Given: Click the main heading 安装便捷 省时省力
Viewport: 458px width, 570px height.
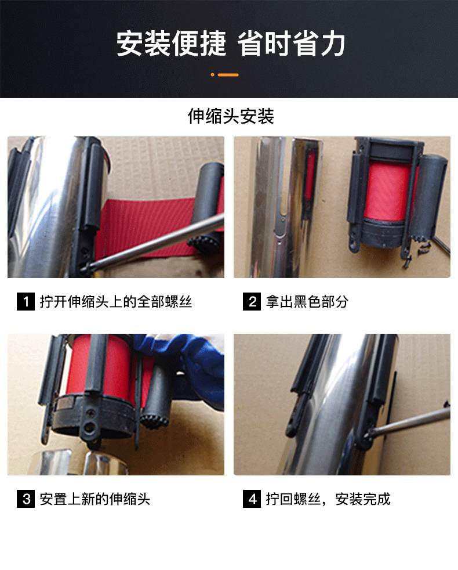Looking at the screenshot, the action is [x=231, y=44].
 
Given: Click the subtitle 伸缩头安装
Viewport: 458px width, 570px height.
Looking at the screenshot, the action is [x=231, y=116].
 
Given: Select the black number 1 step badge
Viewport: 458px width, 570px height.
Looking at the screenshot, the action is [x=26, y=301].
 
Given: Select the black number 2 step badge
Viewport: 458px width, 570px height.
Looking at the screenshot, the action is [x=252, y=301].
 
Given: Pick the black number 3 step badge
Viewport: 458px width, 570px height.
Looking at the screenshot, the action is [x=26, y=499].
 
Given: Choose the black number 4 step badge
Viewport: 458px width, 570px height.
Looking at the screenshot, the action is [x=252, y=499].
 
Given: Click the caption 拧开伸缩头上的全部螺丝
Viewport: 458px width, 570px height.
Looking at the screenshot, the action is [x=116, y=302].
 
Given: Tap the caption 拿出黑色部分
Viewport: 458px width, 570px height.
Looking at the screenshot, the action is [x=307, y=302].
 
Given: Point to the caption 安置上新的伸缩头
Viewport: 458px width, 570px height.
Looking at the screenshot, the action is [x=95, y=499].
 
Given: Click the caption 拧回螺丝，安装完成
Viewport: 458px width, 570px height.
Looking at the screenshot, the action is [x=328, y=499].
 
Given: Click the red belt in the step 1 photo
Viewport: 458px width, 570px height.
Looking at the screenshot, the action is [x=146, y=225].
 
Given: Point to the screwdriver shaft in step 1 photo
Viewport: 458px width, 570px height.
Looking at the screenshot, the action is [x=156, y=243].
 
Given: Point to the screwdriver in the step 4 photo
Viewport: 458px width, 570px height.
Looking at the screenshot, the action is [x=407, y=421].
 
